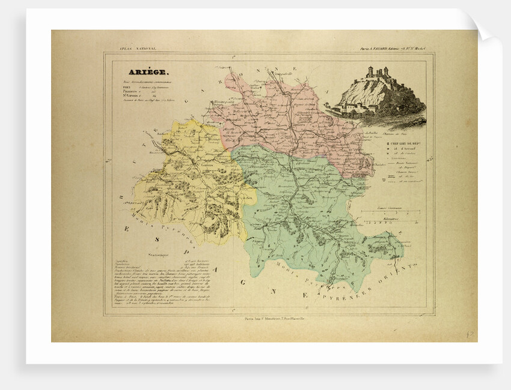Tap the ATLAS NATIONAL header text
130,48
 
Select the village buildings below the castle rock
355,108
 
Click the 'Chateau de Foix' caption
394,128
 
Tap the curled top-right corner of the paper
484,27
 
